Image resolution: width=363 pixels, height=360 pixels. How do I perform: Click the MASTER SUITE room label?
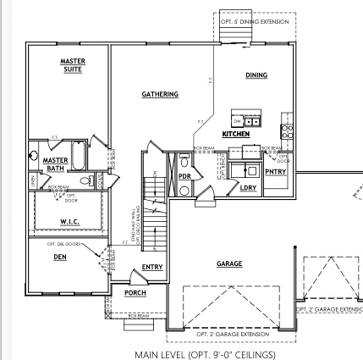coord(72,64)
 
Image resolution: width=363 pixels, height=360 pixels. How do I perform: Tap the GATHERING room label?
coord(159,94)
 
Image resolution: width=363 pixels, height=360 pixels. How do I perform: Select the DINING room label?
coord(256,75)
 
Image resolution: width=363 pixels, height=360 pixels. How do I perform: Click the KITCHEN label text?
coord(235,134)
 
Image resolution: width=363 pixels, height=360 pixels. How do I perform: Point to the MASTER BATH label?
coord(55,163)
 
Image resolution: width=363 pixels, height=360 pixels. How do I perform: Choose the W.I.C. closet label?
coord(69,223)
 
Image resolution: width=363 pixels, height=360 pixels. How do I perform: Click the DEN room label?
coord(60,258)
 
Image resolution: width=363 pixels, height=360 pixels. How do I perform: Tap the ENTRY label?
coord(152,268)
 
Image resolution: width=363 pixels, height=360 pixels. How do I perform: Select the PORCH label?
coord(135,293)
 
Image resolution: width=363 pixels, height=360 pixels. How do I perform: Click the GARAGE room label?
coord(229,263)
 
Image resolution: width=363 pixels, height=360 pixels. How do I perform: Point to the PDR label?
coord(184,175)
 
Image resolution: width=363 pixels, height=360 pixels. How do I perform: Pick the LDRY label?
coord(249,187)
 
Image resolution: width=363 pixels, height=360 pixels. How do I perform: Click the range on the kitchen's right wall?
coord(287,131)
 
